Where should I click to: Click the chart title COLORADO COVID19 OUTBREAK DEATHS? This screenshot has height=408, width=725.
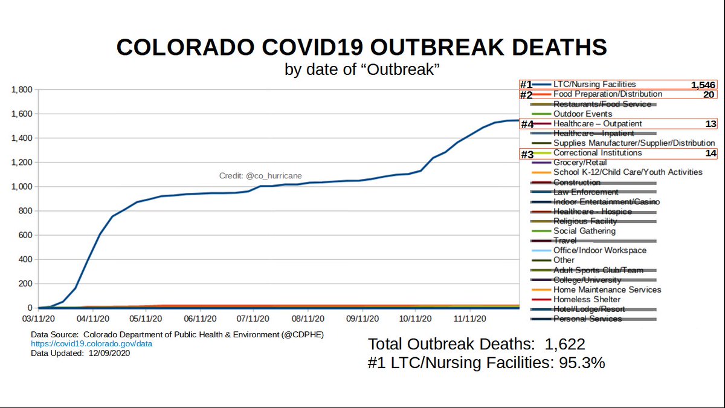pyautogui.click(x=362, y=47)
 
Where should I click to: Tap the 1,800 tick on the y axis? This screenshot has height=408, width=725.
pyautogui.click(x=22, y=89)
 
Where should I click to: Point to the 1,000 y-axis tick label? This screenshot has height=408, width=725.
pyautogui.click(x=22, y=187)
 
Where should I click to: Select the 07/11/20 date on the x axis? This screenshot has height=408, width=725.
pyautogui.click(x=253, y=318)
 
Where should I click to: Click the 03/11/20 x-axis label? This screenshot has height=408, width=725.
pyautogui.click(x=38, y=318)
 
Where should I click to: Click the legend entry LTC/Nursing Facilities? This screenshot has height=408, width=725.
pyautogui.click(x=594, y=85)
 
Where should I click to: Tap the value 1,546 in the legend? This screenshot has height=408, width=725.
pyautogui.click(x=703, y=85)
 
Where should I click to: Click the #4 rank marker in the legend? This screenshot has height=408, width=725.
pyautogui.click(x=527, y=124)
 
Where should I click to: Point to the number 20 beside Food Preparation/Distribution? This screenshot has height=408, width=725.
pyautogui.click(x=709, y=94)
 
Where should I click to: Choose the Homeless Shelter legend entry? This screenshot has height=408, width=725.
pyautogui.click(x=587, y=299)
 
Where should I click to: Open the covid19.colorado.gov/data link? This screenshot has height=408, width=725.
pyautogui.click(x=92, y=344)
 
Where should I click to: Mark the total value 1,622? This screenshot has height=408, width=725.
pyautogui.click(x=564, y=345)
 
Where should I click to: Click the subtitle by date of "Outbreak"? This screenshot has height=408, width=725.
pyautogui.click(x=362, y=70)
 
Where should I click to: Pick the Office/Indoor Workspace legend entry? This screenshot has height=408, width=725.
pyautogui.click(x=600, y=250)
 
